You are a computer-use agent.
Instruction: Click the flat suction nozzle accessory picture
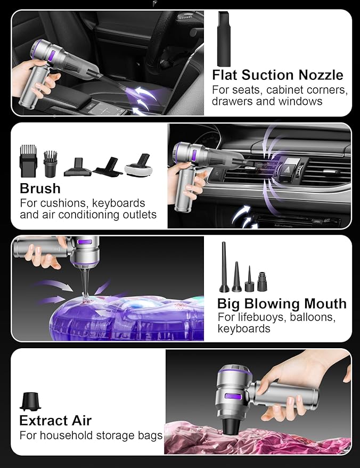pos(224,39)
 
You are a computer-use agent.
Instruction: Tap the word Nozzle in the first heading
pos(321,75)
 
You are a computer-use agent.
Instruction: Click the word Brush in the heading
pos(40,188)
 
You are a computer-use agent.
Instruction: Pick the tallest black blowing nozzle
pos(224,267)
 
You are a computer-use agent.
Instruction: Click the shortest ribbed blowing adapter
pos(262,282)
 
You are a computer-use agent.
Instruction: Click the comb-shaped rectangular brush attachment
pos(28,161)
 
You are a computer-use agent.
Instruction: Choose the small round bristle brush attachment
pos(50,163)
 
